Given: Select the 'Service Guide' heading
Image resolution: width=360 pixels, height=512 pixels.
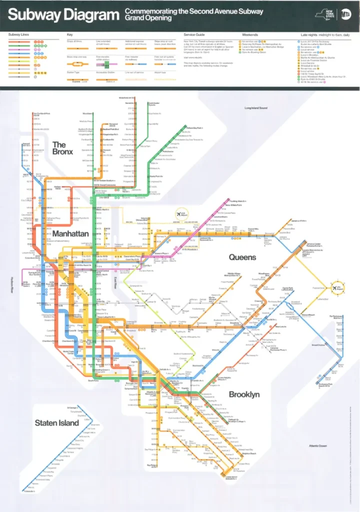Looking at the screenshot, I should (x=194, y=34).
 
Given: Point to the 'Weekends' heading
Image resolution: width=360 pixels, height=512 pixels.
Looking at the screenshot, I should (x=250, y=34).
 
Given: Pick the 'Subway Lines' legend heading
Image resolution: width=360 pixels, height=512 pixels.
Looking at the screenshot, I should (x=18, y=34).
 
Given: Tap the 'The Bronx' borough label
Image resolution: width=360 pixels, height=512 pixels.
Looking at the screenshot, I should (x=62, y=148).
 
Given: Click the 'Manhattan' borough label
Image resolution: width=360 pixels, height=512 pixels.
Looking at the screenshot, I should (x=70, y=233).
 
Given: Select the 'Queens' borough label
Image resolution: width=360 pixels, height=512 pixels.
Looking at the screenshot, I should (x=242, y=257).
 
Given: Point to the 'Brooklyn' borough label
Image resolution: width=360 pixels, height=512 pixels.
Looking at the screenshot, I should (x=244, y=394).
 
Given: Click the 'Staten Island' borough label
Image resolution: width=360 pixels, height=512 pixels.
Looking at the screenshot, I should (x=56, y=423).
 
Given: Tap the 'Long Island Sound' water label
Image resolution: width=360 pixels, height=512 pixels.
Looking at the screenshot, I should (x=256, y=108).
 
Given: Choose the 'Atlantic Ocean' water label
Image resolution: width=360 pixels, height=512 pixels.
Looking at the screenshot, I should (x=317, y=445).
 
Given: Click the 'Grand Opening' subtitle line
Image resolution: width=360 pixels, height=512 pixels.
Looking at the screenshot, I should (x=148, y=18).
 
